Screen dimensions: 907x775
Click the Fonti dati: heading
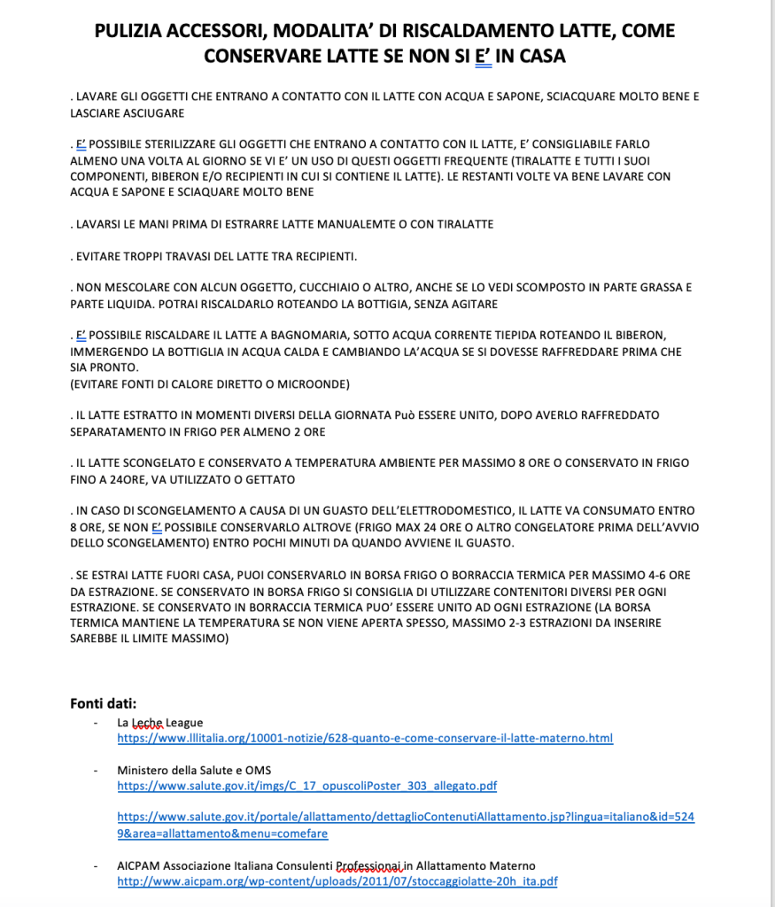click(103, 704)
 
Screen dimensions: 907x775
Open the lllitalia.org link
click(365, 738)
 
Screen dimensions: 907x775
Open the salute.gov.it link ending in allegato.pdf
click(307, 786)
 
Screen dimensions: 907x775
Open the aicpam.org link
click(337, 881)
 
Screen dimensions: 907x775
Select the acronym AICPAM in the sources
click(137, 865)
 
